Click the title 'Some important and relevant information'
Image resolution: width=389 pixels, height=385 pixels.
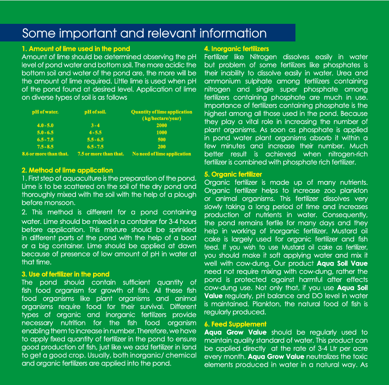[x=144, y=33]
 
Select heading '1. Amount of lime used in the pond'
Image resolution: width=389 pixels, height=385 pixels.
[x=76, y=49]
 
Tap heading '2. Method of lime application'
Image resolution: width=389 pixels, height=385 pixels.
[x=67, y=170]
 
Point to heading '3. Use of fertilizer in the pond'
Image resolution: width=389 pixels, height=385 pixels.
[x=65, y=274]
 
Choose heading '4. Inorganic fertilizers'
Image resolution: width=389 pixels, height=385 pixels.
[x=236, y=49]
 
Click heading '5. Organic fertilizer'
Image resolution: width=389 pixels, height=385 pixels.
[x=233, y=174]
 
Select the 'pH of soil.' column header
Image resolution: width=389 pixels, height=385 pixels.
[x=95, y=112]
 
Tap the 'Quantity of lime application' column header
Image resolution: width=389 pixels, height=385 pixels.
[x=161, y=112]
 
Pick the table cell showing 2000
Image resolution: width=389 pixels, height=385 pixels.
[x=161, y=125]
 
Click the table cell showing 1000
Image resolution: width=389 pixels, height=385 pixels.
[x=161, y=132]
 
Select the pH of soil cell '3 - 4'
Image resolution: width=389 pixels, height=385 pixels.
[x=95, y=125]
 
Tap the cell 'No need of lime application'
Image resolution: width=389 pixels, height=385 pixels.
[x=161, y=154]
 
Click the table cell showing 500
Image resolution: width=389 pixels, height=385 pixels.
[x=161, y=140]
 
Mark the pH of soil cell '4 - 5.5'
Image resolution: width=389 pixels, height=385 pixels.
[x=95, y=132]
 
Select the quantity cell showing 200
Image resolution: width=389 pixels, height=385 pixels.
[x=161, y=147]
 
